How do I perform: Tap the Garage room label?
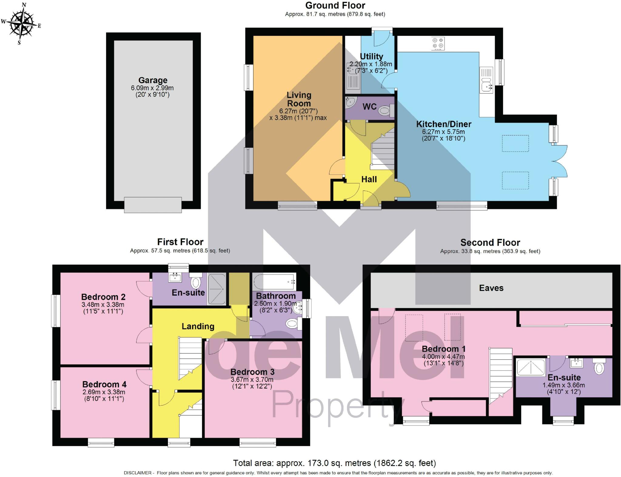pyautogui.click(x=153, y=80)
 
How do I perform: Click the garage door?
pyautogui.click(x=153, y=205)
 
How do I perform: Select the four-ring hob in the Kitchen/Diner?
pyautogui.click(x=438, y=44)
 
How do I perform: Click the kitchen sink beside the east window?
pyautogui.click(x=486, y=85)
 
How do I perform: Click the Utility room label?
pyautogui.click(x=371, y=56)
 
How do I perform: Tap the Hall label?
pyautogui.click(x=369, y=179)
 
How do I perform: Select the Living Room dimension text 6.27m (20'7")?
pyautogui.click(x=298, y=111)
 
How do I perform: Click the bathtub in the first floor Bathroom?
pyautogui.click(x=274, y=282)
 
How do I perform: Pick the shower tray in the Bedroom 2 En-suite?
pyautogui.click(x=217, y=289)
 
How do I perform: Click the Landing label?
pyautogui.click(x=198, y=326)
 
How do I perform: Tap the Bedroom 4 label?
pyautogui.click(x=104, y=384)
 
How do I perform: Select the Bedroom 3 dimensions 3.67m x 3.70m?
pyautogui.click(x=252, y=380)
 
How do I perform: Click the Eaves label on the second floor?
pyautogui.click(x=491, y=288)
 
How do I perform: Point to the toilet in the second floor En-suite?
pyautogui.click(x=599, y=367)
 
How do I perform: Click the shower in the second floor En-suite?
pyautogui.click(x=531, y=367)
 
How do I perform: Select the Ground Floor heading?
pyautogui.click(x=335, y=5)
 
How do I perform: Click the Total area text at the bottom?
pyautogui.click(x=334, y=463)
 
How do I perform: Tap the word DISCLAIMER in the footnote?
pyautogui.click(x=137, y=473)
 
